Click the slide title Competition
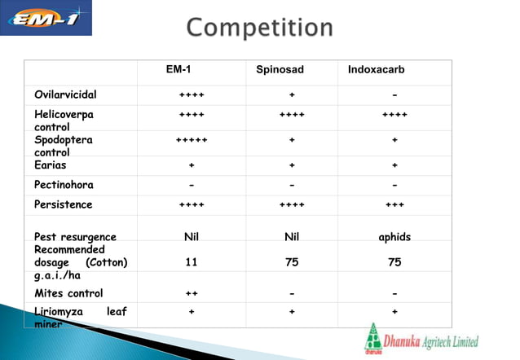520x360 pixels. pos(259,28)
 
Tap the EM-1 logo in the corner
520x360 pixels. pos(46,19)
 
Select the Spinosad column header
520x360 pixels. pos(280,70)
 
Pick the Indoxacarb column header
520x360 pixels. pos(376,70)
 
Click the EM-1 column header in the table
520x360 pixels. pos(179,70)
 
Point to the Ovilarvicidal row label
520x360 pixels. pos(65,94)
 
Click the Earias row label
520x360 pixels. pos(50,165)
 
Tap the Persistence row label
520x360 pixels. pos(63,204)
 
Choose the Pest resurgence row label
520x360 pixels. pos(75,237)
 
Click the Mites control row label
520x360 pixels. pos(68,293)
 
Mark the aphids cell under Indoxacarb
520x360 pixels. pos(394,237)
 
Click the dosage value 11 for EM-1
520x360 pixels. pos(192,263)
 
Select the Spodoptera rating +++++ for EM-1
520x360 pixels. pos(192,140)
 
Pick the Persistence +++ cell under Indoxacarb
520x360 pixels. pos(394,204)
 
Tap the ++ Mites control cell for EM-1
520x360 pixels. pos(192,293)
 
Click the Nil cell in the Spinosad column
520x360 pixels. pos(292,237)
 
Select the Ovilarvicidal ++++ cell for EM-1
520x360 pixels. pos(192,94)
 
